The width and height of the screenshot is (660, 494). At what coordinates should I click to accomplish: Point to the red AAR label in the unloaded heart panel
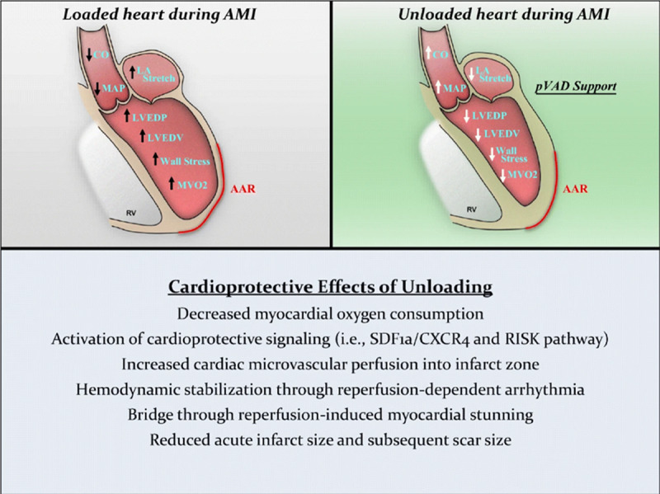[575, 189]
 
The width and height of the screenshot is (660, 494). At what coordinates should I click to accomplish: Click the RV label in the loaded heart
[128, 211]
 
